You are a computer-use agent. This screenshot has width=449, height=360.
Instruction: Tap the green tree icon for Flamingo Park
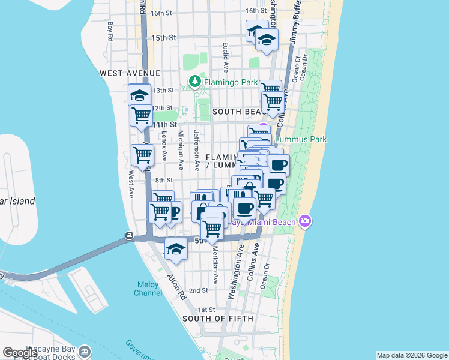(x=194, y=81)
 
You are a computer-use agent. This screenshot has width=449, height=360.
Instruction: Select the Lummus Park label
(x=300, y=140)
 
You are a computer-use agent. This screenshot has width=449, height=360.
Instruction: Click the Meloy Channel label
(x=147, y=289)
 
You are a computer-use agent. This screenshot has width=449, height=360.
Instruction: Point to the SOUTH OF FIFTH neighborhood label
(x=218, y=318)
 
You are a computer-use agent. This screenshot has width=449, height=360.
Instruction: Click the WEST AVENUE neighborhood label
(x=124, y=73)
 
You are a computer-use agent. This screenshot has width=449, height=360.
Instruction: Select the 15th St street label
(x=163, y=37)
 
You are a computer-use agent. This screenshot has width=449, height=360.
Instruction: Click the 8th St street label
(x=164, y=180)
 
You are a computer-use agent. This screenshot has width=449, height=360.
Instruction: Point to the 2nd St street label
(x=198, y=290)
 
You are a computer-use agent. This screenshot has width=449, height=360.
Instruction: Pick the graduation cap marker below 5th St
(x=176, y=249)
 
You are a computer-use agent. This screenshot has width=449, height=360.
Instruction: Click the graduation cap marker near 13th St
(x=140, y=95)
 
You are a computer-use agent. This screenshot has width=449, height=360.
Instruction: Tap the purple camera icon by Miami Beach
(x=305, y=222)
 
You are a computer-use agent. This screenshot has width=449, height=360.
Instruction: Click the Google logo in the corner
(x=20, y=353)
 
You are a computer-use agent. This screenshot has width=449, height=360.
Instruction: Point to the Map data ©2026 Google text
(x=412, y=355)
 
